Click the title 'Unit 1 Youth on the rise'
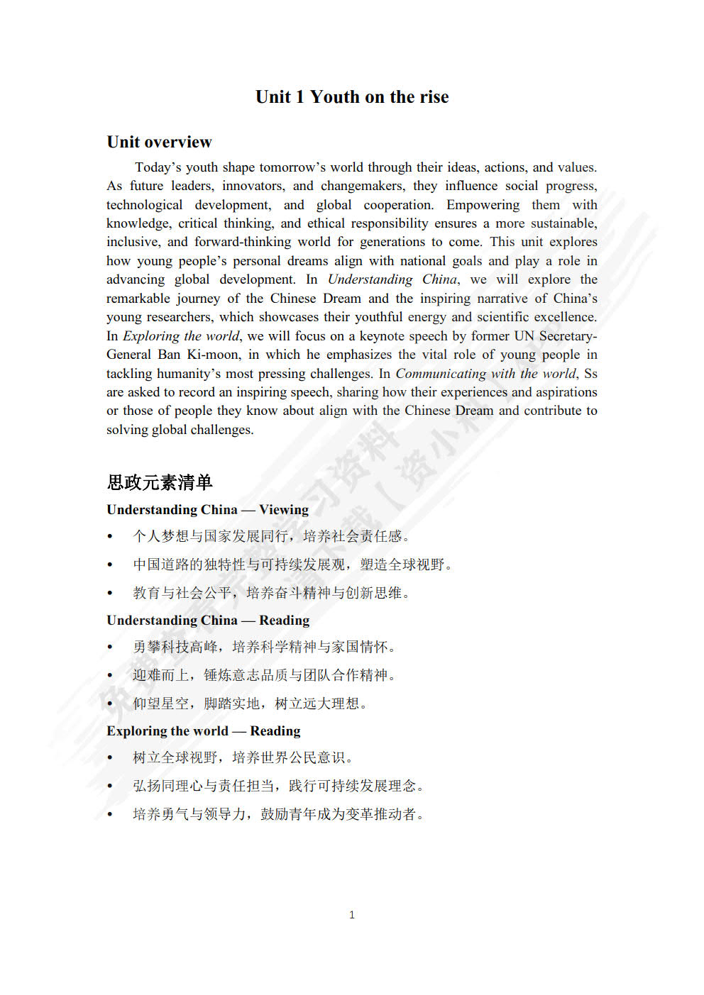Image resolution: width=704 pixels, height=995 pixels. [x=352, y=97]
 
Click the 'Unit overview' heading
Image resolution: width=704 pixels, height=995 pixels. [x=159, y=142]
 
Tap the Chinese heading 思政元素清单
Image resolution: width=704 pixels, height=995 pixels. [x=160, y=482]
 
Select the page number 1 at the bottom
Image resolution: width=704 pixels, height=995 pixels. [x=352, y=915]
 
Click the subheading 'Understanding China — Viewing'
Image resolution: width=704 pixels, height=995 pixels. [x=207, y=510]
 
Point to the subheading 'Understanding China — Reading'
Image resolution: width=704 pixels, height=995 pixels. [x=208, y=621]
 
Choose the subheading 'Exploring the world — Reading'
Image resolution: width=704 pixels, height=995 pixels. [x=203, y=731]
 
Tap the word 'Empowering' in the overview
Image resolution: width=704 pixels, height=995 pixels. [x=483, y=205]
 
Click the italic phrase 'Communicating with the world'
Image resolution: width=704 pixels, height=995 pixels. [x=485, y=374]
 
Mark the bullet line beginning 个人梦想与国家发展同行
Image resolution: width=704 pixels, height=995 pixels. [x=271, y=536]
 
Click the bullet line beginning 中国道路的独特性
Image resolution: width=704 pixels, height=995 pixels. [x=292, y=565]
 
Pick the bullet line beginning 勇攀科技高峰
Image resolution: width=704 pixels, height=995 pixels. [x=264, y=647]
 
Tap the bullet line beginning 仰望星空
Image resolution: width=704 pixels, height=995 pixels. [x=250, y=704]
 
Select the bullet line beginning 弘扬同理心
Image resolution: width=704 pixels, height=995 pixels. [x=278, y=786]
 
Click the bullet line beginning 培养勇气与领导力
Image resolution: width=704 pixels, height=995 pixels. [x=278, y=814]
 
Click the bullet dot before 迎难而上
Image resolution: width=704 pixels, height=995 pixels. [x=110, y=676]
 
